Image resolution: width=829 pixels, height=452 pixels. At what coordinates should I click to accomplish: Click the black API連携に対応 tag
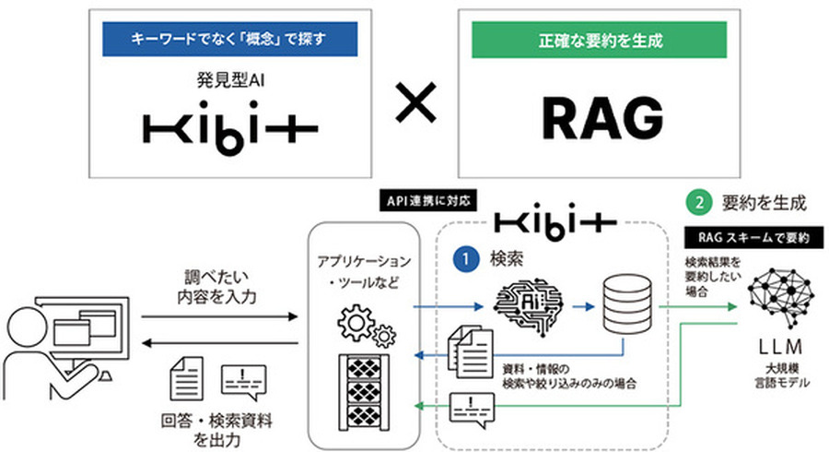tap(426, 198)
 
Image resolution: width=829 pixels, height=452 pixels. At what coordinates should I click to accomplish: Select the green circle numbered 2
tap(701, 200)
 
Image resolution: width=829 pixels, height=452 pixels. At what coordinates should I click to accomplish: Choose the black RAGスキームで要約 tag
tap(753, 237)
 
